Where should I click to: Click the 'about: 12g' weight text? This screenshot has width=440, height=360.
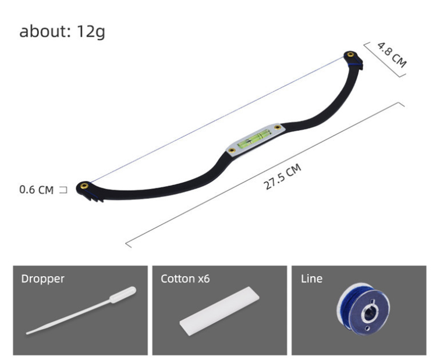pyautogui.click(x=62, y=31)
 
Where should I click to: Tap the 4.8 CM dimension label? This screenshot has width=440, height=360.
pyautogui.click(x=392, y=55)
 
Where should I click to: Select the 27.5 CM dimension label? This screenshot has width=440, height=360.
pyautogui.click(x=282, y=177)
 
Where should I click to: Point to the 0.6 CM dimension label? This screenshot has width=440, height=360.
pyautogui.click(x=36, y=190)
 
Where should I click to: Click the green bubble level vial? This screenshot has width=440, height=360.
pyautogui.click(x=254, y=139)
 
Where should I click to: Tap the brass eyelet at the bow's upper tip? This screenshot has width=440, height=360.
pyautogui.click(x=350, y=55)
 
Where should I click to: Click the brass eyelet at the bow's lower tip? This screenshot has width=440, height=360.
pyautogui.click(x=84, y=186)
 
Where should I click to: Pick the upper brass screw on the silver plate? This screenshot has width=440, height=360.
pyautogui.click(x=278, y=127)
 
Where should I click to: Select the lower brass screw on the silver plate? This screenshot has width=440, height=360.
pyautogui.click(x=232, y=151)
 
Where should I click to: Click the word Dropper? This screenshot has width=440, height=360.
pyautogui.click(x=42, y=279)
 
